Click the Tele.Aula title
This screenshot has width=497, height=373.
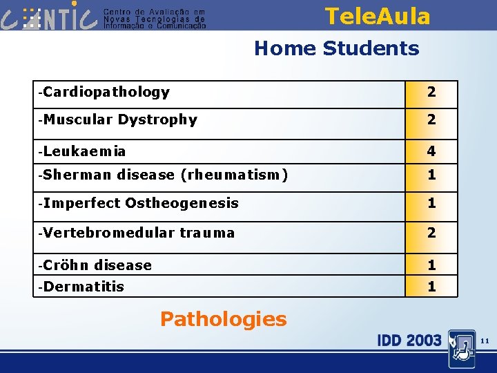tap(377, 16)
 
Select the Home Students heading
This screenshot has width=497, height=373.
tap(336, 48)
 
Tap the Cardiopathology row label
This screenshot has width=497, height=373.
tap(105, 92)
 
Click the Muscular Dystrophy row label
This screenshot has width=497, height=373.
tap(119, 119)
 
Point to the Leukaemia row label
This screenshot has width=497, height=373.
tap(83, 151)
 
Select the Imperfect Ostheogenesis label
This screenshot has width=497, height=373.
tap(139, 203)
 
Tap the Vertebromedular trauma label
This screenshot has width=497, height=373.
tap(137, 233)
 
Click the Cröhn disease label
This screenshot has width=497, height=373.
tap(96, 265)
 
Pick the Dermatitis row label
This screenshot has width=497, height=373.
tap(82, 286)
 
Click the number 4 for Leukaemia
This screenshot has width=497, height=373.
tap(431, 151)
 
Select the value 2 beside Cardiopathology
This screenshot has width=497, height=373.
tap(431, 92)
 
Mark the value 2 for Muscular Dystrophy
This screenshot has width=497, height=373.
tap(431, 119)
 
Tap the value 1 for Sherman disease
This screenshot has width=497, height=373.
tap(431, 175)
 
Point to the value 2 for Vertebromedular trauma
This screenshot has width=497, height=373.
tap(431, 233)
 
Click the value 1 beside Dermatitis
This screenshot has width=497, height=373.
tap(431, 286)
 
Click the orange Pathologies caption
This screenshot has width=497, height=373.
tap(223, 319)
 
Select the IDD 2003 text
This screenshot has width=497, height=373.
tap(409, 340)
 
